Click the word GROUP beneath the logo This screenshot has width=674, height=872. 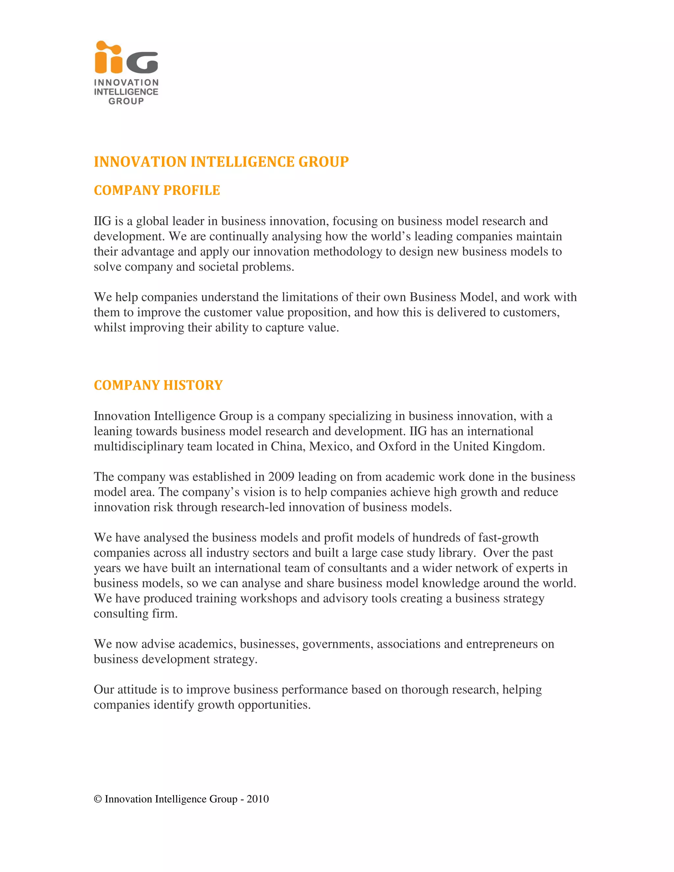click(x=126, y=101)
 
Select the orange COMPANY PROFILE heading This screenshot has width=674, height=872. click(x=157, y=191)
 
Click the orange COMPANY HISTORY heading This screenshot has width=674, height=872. click(x=158, y=385)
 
